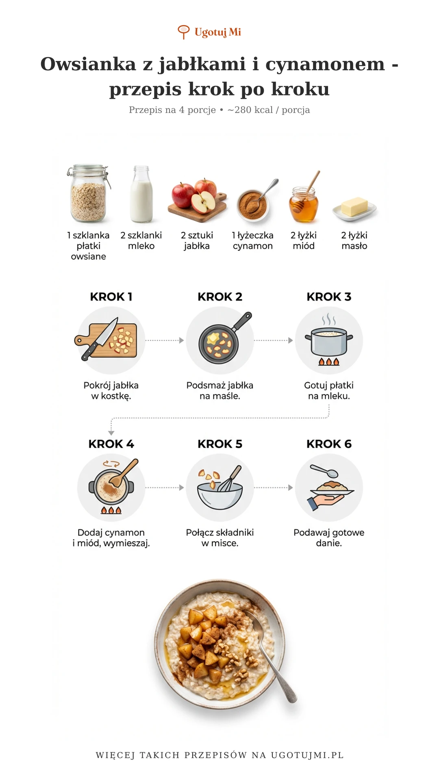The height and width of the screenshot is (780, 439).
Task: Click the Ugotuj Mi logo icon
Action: tap(184, 32)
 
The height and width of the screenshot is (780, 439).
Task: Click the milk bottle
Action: tap(141, 194)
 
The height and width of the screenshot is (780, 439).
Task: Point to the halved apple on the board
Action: tap(203, 202)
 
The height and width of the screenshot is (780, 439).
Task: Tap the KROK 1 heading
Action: tap(111, 297)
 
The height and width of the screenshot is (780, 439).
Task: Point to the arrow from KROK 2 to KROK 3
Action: tap(274, 340)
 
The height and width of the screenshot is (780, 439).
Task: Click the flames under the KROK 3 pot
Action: tap(329, 361)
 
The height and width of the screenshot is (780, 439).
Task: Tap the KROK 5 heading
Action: tap(220, 444)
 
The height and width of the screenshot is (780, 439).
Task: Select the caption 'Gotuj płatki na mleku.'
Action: tap(329, 390)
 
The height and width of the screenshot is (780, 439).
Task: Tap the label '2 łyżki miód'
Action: tap(304, 240)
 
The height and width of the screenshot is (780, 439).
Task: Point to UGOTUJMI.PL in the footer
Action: tap(307, 755)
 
